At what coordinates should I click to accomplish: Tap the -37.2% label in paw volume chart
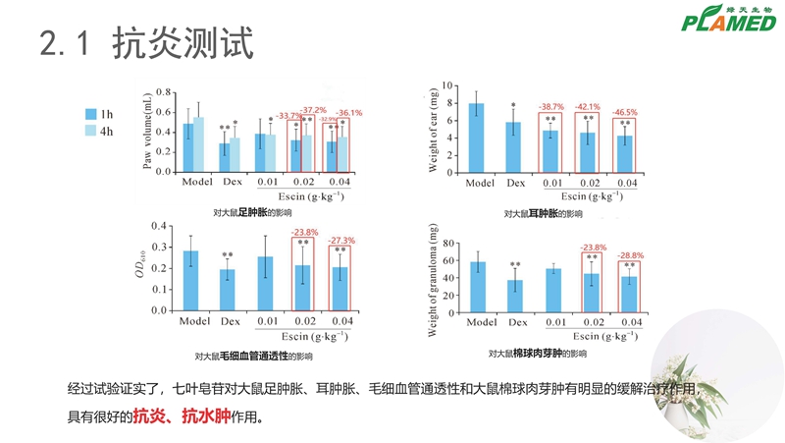point(313,110)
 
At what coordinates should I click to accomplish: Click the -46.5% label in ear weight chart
point(624,112)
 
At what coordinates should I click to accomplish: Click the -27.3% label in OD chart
point(340,240)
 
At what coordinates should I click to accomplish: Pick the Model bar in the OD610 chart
point(190,279)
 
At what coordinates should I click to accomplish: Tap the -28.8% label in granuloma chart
point(630,254)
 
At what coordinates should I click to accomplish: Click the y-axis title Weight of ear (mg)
point(434,129)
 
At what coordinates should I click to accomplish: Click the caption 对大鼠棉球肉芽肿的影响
point(538,354)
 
